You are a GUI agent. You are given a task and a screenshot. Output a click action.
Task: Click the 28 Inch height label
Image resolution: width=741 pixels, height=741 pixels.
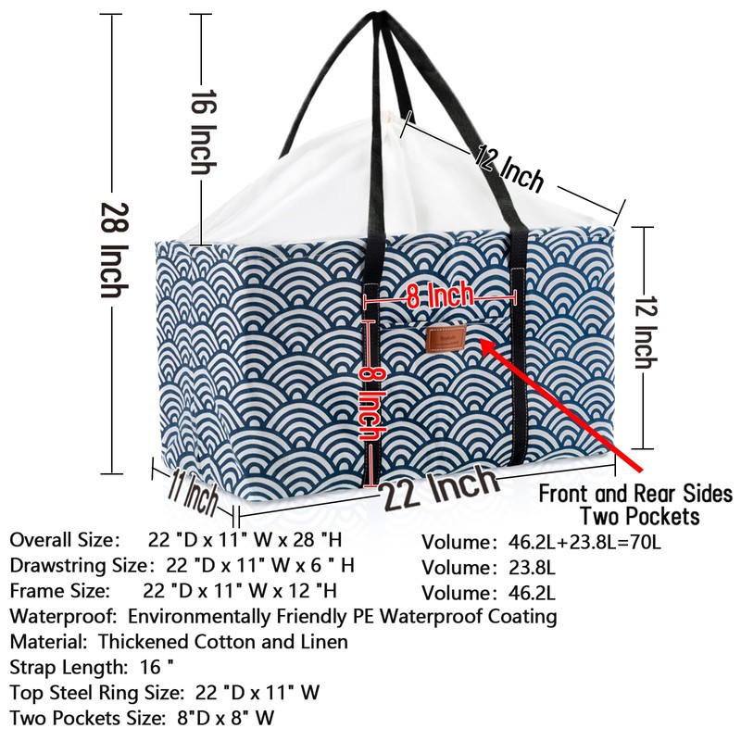(x=113, y=250)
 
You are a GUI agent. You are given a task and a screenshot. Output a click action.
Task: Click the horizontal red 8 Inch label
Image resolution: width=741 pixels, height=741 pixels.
(x=440, y=296)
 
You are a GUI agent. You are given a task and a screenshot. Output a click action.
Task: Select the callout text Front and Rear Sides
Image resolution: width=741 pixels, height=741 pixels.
(x=635, y=493)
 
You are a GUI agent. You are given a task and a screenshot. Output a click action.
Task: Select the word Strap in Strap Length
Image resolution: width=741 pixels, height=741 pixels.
(x=31, y=667)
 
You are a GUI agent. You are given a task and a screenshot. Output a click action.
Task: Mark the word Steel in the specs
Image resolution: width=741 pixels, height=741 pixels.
(x=73, y=692)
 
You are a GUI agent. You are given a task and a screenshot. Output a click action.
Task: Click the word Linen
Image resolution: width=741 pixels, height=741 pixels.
(x=319, y=641)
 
